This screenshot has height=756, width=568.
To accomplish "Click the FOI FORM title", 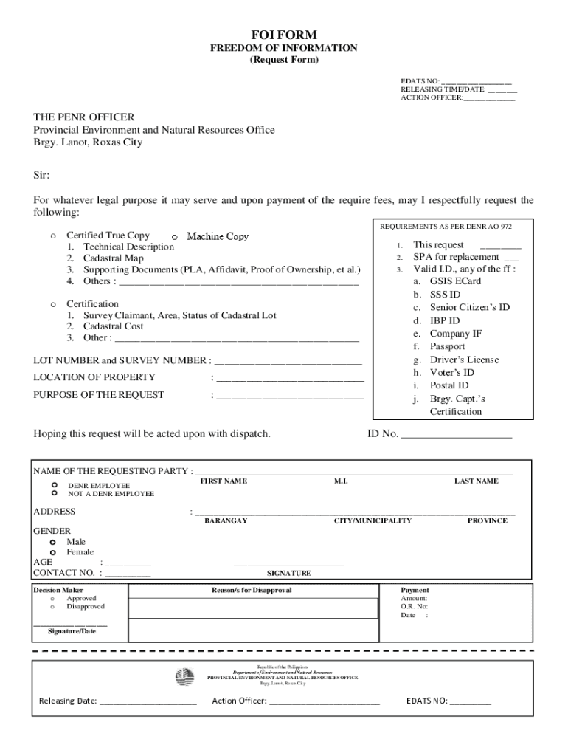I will (x=284, y=35).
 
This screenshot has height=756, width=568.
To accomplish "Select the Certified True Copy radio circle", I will (x=53, y=236).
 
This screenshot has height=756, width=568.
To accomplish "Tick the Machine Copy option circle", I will (x=174, y=237).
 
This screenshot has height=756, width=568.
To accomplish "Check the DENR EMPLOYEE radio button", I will (x=55, y=485).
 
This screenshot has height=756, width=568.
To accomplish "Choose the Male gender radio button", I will (x=53, y=542).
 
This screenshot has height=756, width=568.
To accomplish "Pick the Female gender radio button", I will (x=53, y=552).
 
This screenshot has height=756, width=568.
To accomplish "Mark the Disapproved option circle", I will (x=52, y=607).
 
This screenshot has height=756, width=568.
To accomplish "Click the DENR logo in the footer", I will (x=184, y=676).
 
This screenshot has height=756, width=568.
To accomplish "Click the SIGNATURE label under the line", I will (x=288, y=573).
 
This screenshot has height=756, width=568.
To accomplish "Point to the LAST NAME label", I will (x=476, y=481).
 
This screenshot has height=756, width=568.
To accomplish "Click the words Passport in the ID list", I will (x=448, y=346).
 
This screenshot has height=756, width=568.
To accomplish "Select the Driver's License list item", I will (x=464, y=360).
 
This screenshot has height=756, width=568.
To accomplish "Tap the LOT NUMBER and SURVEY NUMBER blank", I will (x=288, y=362).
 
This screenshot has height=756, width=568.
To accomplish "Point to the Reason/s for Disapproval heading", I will (x=252, y=591).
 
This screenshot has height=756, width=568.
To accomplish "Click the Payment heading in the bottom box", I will (x=415, y=591).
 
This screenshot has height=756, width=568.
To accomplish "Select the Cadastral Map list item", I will (x=114, y=258).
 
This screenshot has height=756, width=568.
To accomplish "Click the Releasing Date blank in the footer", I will (x=148, y=702).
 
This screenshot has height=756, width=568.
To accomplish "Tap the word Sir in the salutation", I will (x=41, y=175).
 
